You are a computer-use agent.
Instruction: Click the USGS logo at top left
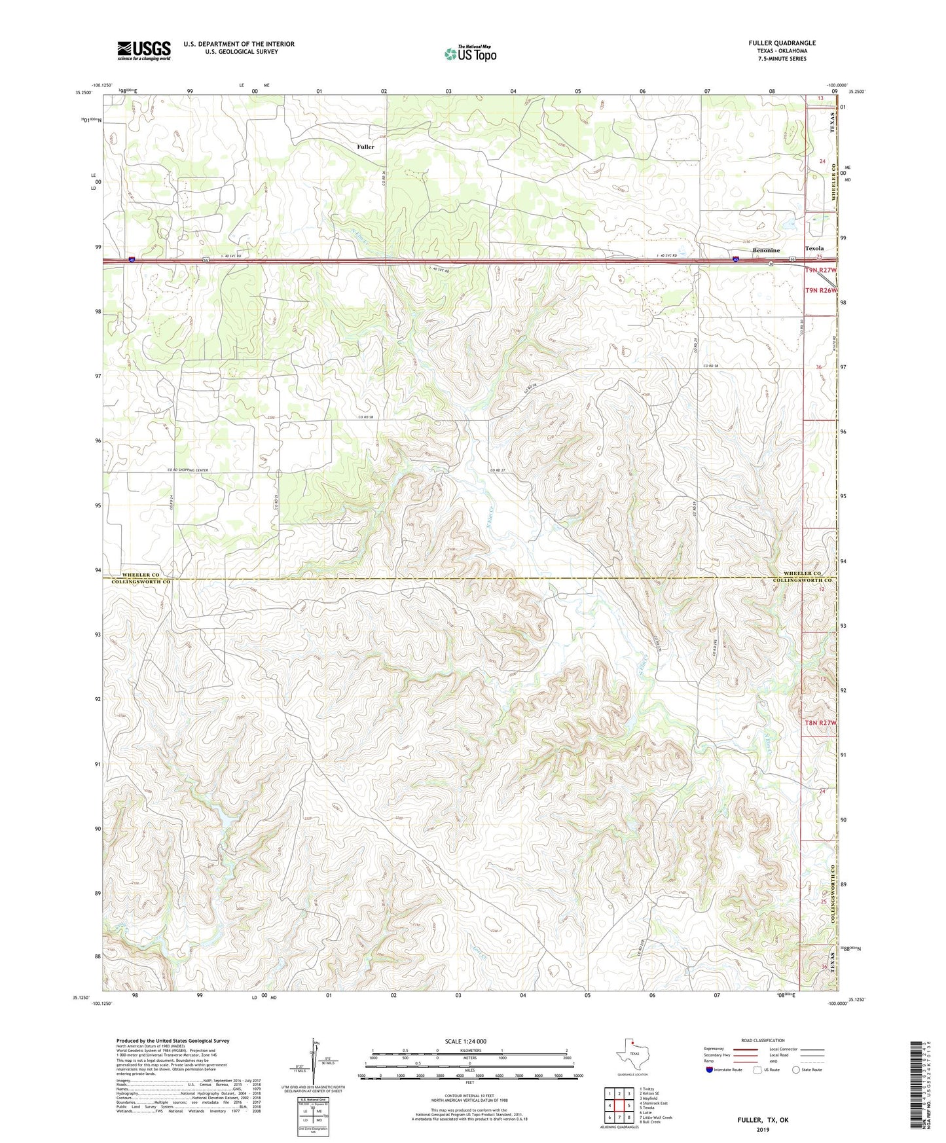(x=143, y=50)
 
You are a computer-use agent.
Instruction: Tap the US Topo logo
(x=470, y=54)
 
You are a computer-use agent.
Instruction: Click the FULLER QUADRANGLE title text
(x=782, y=43)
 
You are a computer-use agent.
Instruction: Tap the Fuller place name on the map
(x=365, y=147)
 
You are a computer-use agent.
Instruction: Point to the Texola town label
(x=814, y=249)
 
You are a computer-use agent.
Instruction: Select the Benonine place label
(x=765, y=250)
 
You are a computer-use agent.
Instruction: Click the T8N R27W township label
(x=820, y=723)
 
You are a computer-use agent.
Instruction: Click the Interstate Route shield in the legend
(x=710, y=1070)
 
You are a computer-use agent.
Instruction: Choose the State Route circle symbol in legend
(x=796, y=1070)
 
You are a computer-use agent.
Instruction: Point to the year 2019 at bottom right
(x=763, y=1129)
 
